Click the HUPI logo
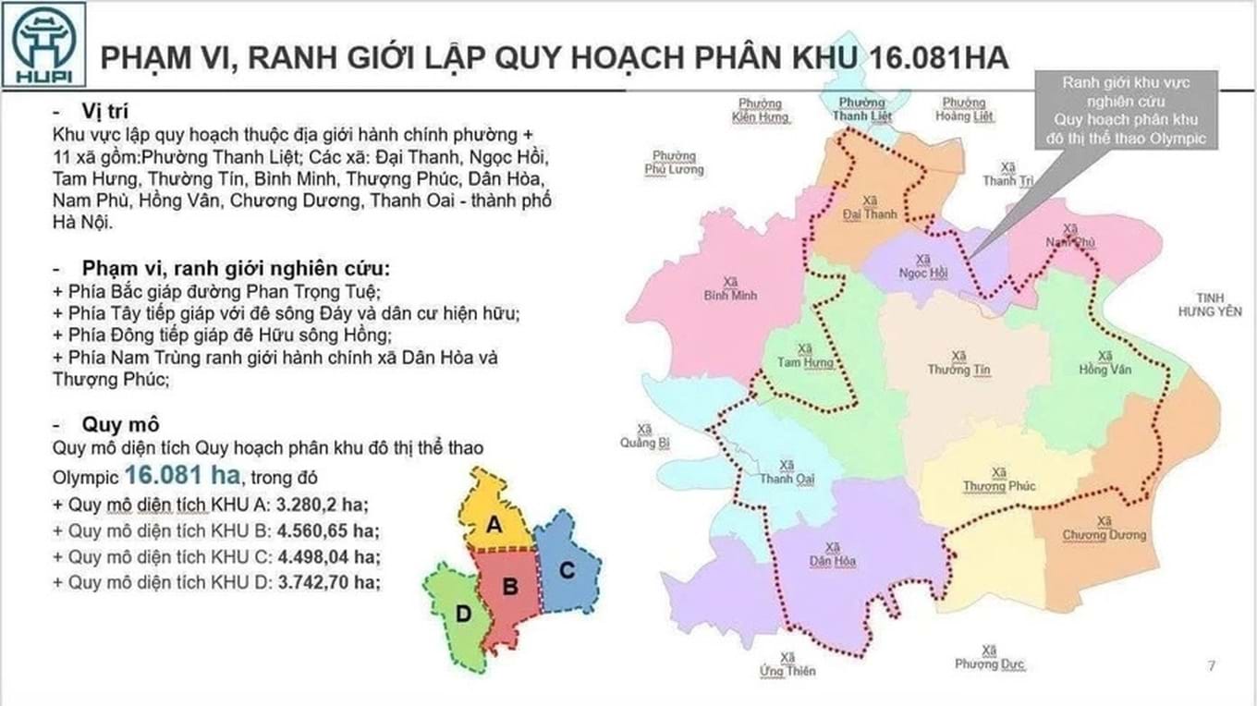point(44,44)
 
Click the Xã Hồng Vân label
point(1104,362)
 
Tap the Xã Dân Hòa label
point(833,554)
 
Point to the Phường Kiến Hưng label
point(760,111)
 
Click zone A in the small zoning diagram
point(495,524)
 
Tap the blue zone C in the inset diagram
point(567,570)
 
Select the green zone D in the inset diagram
point(462,615)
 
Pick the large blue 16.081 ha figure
point(182,476)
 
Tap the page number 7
point(1212,665)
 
